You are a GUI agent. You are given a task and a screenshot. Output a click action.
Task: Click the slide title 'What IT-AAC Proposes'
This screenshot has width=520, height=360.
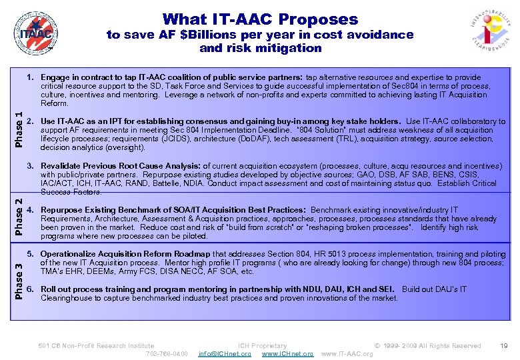point(260,19)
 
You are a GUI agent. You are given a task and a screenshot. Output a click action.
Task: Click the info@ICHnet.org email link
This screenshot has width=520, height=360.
point(225,353)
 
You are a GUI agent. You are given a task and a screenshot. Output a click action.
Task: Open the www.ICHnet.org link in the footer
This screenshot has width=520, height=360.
point(287,353)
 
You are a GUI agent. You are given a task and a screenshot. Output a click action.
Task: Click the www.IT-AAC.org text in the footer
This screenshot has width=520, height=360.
point(347,353)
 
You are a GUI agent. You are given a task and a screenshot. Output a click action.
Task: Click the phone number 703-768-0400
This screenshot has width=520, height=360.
point(166,353)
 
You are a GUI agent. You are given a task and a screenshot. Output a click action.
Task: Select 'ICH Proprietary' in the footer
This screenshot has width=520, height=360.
point(262,345)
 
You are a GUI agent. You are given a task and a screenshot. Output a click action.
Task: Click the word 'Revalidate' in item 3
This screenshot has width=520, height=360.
point(63,166)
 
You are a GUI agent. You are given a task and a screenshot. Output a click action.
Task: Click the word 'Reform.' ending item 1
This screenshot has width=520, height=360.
point(55,103)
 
